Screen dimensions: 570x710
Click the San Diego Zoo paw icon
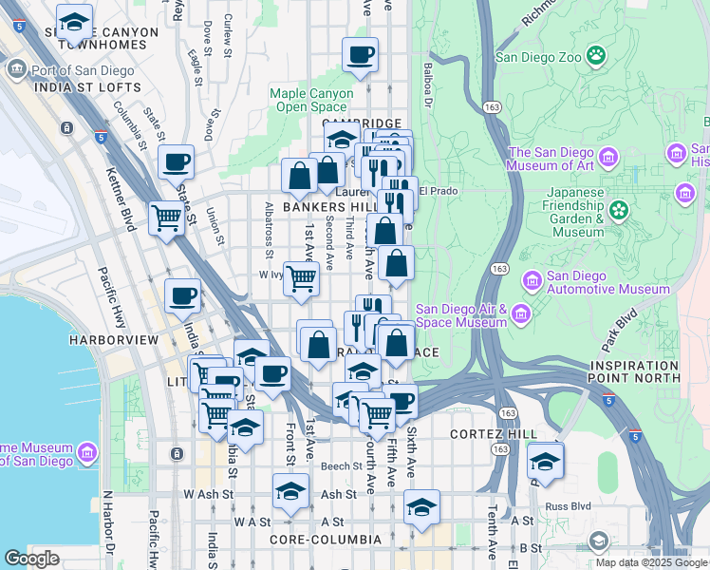(x=596, y=54)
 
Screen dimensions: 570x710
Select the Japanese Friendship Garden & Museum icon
(x=620, y=209)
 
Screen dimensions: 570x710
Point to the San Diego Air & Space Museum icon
(x=520, y=314)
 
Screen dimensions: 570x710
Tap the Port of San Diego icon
(x=17, y=70)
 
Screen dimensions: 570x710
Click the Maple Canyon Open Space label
(x=309, y=100)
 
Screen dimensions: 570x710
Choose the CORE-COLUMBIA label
(x=326, y=540)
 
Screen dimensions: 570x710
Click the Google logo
(x=31, y=559)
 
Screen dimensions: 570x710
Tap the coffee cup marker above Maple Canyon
(x=360, y=56)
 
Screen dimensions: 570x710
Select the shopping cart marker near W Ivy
(x=302, y=279)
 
